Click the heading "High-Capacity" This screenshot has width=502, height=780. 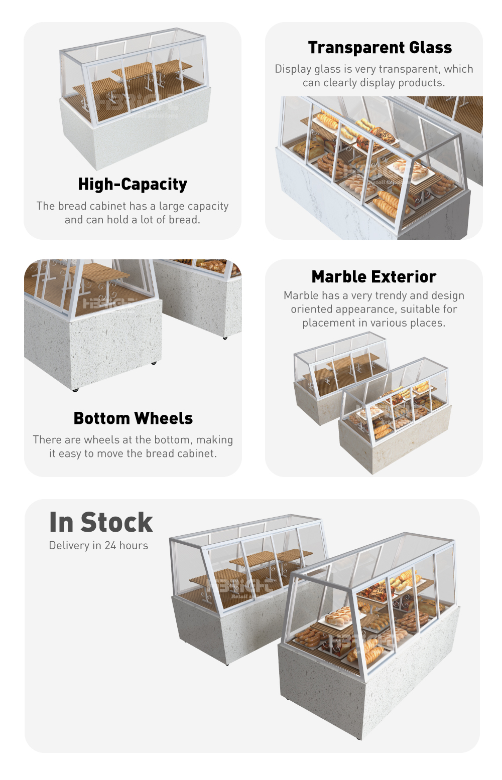(x=133, y=184)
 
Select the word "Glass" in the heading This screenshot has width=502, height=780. (x=430, y=47)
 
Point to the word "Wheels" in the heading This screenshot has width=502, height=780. (x=163, y=418)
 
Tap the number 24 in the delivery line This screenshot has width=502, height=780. (x=110, y=545)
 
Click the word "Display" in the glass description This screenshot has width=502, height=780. (x=293, y=69)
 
